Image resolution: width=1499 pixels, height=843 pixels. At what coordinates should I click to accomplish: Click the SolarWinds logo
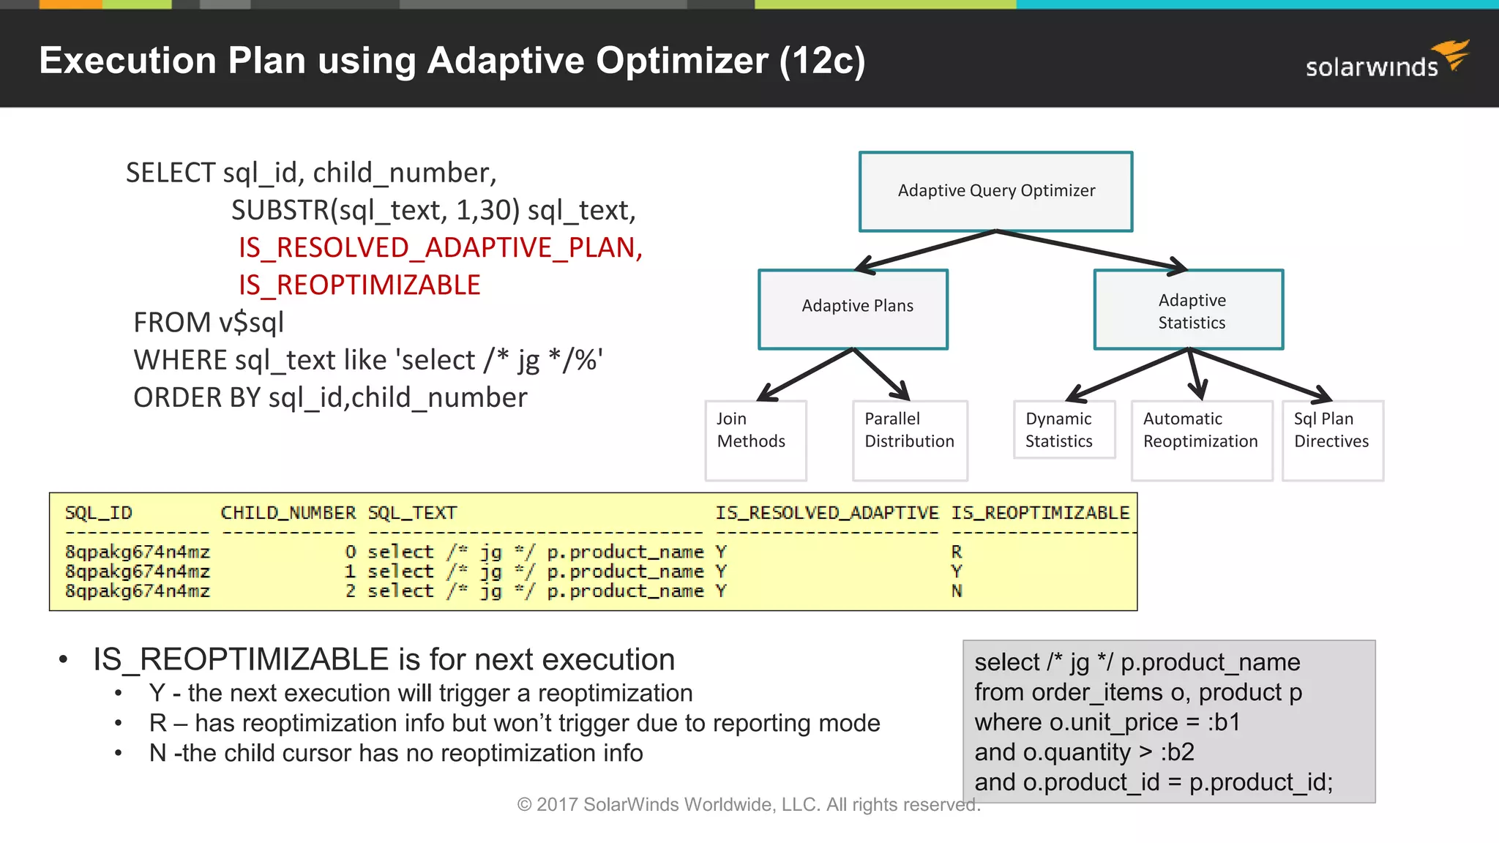(x=1386, y=60)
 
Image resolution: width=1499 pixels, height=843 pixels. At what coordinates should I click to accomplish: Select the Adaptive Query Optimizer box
(x=995, y=191)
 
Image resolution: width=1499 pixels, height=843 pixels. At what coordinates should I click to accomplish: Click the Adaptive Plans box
(x=853, y=308)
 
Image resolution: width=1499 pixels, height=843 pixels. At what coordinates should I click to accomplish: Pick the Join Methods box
(x=755, y=439)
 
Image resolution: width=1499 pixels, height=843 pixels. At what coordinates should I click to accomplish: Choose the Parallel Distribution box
(x=910, y=439)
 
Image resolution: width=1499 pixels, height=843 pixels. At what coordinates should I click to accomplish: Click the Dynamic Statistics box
(x=1063, y=430)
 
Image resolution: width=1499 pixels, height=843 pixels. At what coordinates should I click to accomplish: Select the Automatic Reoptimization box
(x=1201, y=439)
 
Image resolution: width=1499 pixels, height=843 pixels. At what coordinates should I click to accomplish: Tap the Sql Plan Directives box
(x=1332, y=439)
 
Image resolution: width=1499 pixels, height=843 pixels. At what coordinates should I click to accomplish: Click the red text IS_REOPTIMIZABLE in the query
(x=359, y=285)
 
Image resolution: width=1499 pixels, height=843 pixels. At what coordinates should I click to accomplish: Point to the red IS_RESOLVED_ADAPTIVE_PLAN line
(x=440, y=247)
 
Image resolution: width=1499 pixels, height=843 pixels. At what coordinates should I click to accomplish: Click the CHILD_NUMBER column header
(x=288, y=513)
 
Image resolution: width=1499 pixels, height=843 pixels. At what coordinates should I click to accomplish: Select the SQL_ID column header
(x=99, y=513)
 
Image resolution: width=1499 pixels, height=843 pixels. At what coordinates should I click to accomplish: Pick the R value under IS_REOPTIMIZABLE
(x=957, y=552)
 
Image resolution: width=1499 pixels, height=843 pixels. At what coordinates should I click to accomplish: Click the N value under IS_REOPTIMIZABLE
(x=957, y=591)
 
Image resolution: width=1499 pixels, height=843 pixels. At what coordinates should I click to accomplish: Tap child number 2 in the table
(x=351, y=591)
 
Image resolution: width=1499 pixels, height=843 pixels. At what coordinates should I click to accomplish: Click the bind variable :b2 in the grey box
(x=1177, y=752)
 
